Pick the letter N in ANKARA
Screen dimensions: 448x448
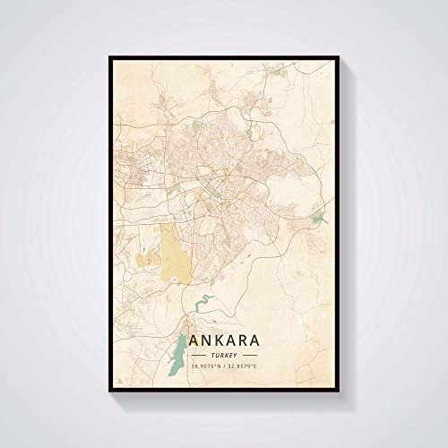click(x=202, y=340)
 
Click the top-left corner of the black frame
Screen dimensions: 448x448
click(x=111, y=57)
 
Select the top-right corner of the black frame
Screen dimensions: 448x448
click(x=337, y=57)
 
